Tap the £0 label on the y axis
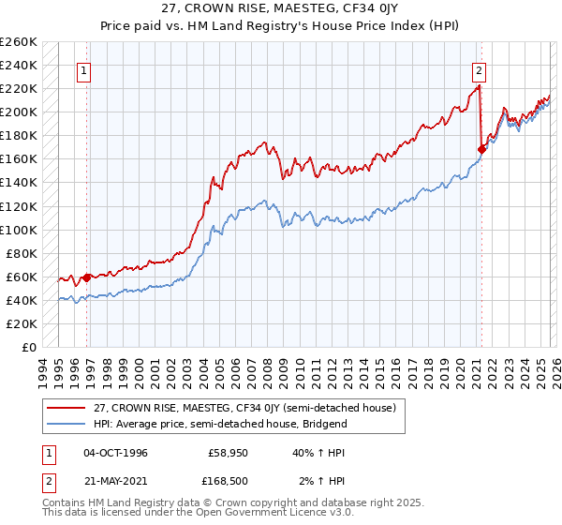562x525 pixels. pos(28,347)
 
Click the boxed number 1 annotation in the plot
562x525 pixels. pos(84,69)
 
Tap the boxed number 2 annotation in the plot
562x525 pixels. pos(479,69)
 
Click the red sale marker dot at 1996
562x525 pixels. pos(87,277)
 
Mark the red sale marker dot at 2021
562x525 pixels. pos(481,148)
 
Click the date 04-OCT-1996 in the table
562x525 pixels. pos(115,453)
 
